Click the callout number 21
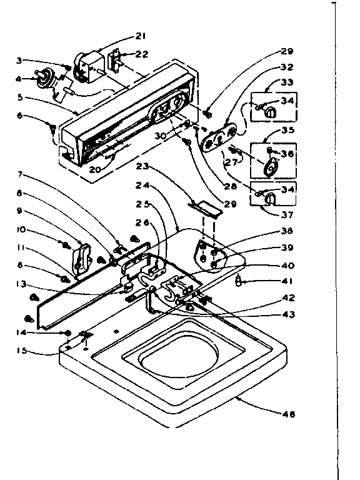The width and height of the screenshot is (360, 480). tap(140, 35)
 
